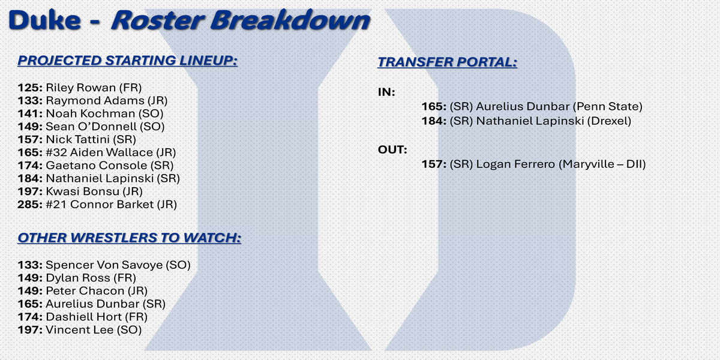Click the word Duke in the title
tap(44, 20)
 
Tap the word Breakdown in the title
tap(290, 20)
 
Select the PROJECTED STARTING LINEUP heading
tap(128, 61)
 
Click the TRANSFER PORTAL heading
tap(448, 62)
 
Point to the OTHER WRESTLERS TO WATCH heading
tap(130, 238)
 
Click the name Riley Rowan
tap(80, 88)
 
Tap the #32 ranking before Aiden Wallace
tap(56, 152)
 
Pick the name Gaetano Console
tap(97, 165)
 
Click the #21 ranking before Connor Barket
tap(56, 205)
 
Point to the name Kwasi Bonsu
tap(83, 191)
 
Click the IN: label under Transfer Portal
tap(386, 92)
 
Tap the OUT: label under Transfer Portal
tap(392, 150)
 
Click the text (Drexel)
tap(609, 121)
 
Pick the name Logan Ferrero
tap(515, 164)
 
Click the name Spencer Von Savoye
tap(104, 265)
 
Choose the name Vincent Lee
tap(80, 330)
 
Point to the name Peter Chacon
tap(85, 291)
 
